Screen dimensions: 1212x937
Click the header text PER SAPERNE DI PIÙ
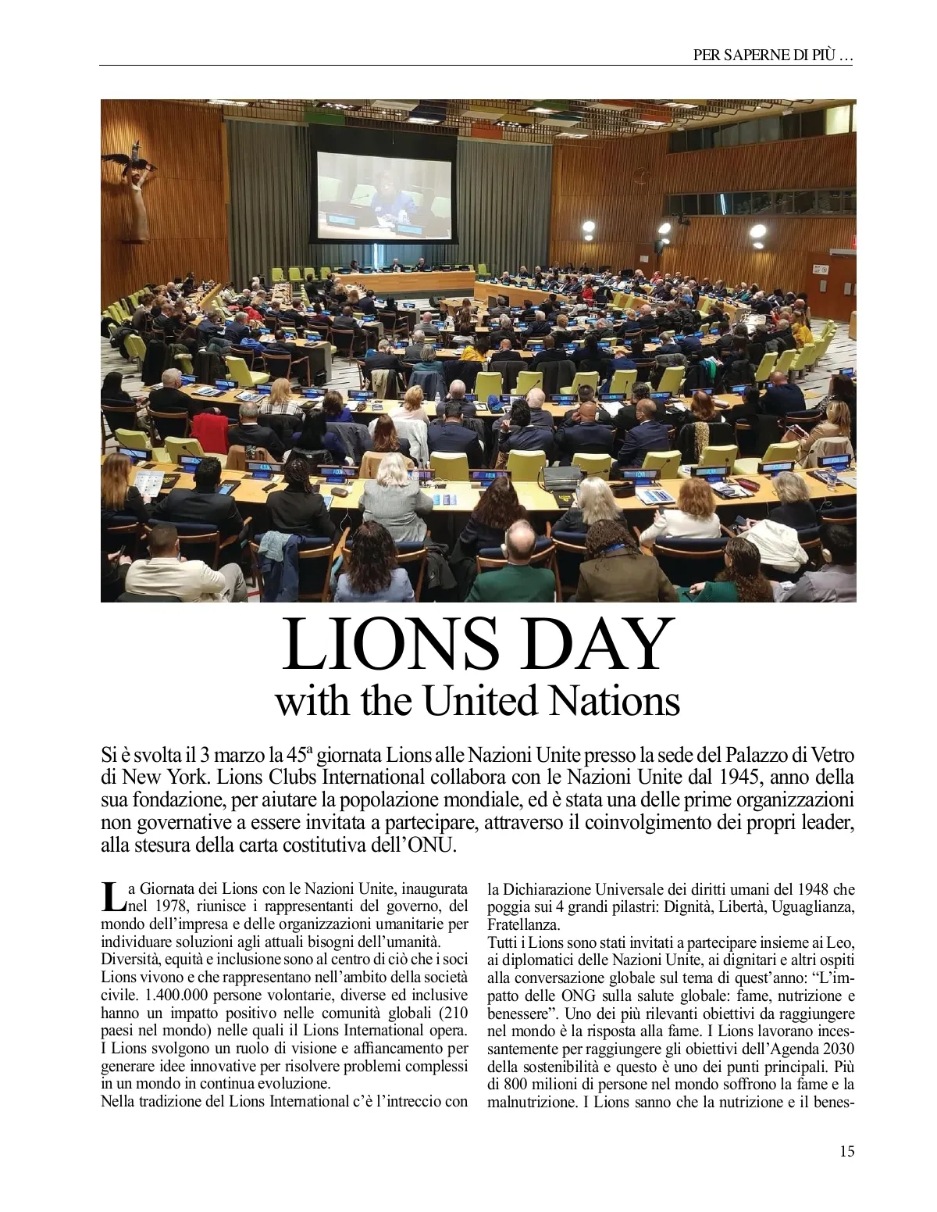773,55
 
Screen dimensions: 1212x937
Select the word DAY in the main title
593,646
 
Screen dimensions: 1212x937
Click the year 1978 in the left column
172,906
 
